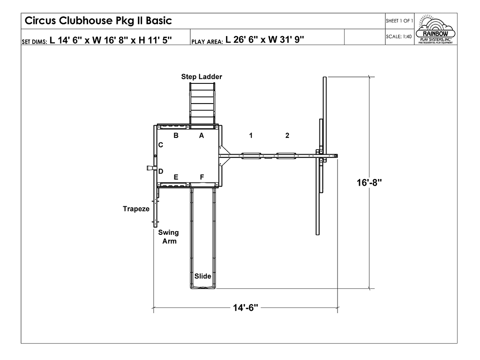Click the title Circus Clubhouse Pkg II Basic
[98, 21]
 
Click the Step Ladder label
[202, 76]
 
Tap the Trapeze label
[136, 209]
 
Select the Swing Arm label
[168, 237]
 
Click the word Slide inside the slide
[202, 276]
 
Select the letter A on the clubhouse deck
[202, 135]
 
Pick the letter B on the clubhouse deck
[176, 135]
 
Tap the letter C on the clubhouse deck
[160, 145]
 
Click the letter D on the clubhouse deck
[160, 171]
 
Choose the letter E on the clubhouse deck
[176, 177]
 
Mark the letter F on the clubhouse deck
[202, 177]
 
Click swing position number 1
[251, 135]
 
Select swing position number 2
[287, 135]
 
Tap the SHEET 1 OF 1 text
[399, 21]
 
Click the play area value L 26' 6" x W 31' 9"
[265, 39]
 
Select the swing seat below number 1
[251, 155]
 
